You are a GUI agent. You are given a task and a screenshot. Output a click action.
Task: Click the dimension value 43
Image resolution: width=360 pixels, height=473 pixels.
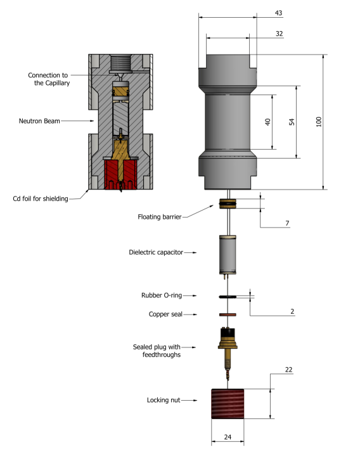click(279, 13)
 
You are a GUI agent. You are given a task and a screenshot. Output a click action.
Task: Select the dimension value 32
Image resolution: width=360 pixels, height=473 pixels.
click(279, 33)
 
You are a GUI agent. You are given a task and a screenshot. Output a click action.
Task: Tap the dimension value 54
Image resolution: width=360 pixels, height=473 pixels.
click(292, 122)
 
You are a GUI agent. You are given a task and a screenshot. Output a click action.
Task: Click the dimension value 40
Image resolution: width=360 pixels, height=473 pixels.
click(268, 122)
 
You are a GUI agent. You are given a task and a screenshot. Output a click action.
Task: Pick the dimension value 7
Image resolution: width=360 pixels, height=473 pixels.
click(287, 224)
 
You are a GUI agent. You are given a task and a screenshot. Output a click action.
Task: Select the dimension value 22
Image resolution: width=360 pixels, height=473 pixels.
click(288, 370)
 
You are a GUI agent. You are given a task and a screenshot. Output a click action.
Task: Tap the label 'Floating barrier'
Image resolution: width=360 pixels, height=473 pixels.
click(160, 217)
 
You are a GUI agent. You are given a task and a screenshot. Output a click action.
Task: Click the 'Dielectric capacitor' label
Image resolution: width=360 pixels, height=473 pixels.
click(156, 252)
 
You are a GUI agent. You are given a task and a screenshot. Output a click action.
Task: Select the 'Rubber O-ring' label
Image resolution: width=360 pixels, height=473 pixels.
click(162, 296)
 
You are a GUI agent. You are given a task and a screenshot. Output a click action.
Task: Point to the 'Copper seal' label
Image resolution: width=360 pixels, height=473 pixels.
click(166, 314)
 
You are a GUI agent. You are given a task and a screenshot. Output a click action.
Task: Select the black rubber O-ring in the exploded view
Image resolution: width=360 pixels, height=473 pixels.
click(227, 296)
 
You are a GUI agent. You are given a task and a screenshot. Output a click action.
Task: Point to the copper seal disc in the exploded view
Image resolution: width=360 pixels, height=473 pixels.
click(227, 314)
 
